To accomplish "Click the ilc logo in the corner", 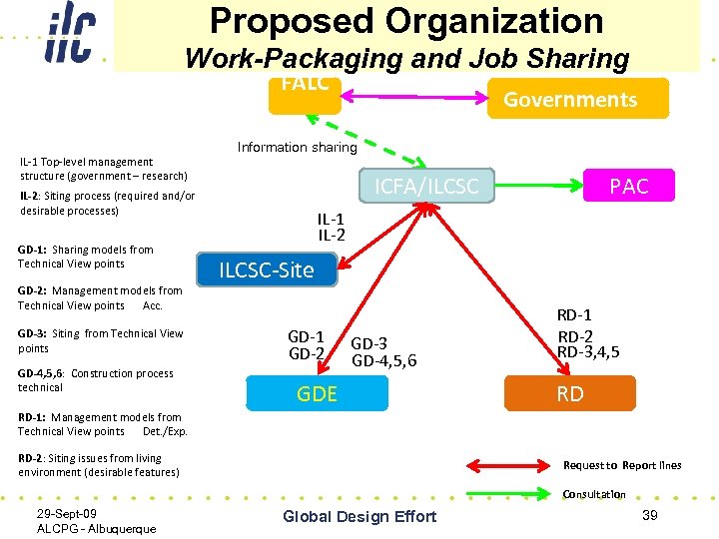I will click(70, 33).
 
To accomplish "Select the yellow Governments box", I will click(578, 99).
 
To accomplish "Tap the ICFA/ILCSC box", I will click(426, 186).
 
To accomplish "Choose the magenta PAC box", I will click(628, 186).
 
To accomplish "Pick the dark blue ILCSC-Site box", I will click(266, 269).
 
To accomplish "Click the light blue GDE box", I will click(317, 393).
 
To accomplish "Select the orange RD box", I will click(569, 393).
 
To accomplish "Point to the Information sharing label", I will click(297, 147).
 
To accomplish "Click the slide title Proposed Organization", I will click(406, 21).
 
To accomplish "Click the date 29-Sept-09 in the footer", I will click(66, 513).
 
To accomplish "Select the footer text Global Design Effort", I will click(359, 516).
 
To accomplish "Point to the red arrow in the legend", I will click(514, 464).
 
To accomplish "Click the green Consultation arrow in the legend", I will click(514, 492).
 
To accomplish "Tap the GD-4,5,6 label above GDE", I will click(384, 360).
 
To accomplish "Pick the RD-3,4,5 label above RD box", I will click(588, 351).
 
